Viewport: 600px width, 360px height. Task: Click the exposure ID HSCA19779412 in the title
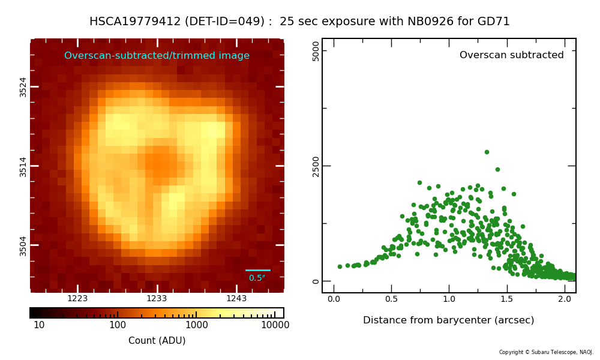point(135,21)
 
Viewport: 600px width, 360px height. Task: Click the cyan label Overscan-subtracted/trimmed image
point(157,55)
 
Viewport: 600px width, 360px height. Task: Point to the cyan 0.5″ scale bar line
point(258,270)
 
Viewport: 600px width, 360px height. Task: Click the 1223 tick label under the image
point(77,298)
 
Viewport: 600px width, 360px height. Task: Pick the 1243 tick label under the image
point(236,298)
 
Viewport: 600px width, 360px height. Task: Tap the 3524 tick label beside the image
point(23,87)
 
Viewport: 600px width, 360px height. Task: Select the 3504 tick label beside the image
point(23,246)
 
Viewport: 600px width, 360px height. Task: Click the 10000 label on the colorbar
point(275,325)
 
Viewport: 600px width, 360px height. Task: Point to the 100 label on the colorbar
point(118,325)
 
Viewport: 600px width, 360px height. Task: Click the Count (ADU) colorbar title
point(157,340)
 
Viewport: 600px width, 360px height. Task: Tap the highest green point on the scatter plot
point(487,152)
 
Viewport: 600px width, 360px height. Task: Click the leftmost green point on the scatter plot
point(340,266)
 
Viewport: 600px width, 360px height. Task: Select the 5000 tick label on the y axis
point(316,51)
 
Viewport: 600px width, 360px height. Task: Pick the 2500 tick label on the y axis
point(316,166)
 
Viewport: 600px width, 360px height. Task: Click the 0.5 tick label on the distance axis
point(391,299)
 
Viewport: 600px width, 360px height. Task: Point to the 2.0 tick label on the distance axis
point(565,299)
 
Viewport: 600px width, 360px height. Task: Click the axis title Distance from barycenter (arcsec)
point(448,320)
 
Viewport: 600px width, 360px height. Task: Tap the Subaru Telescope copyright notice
point(546,352)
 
